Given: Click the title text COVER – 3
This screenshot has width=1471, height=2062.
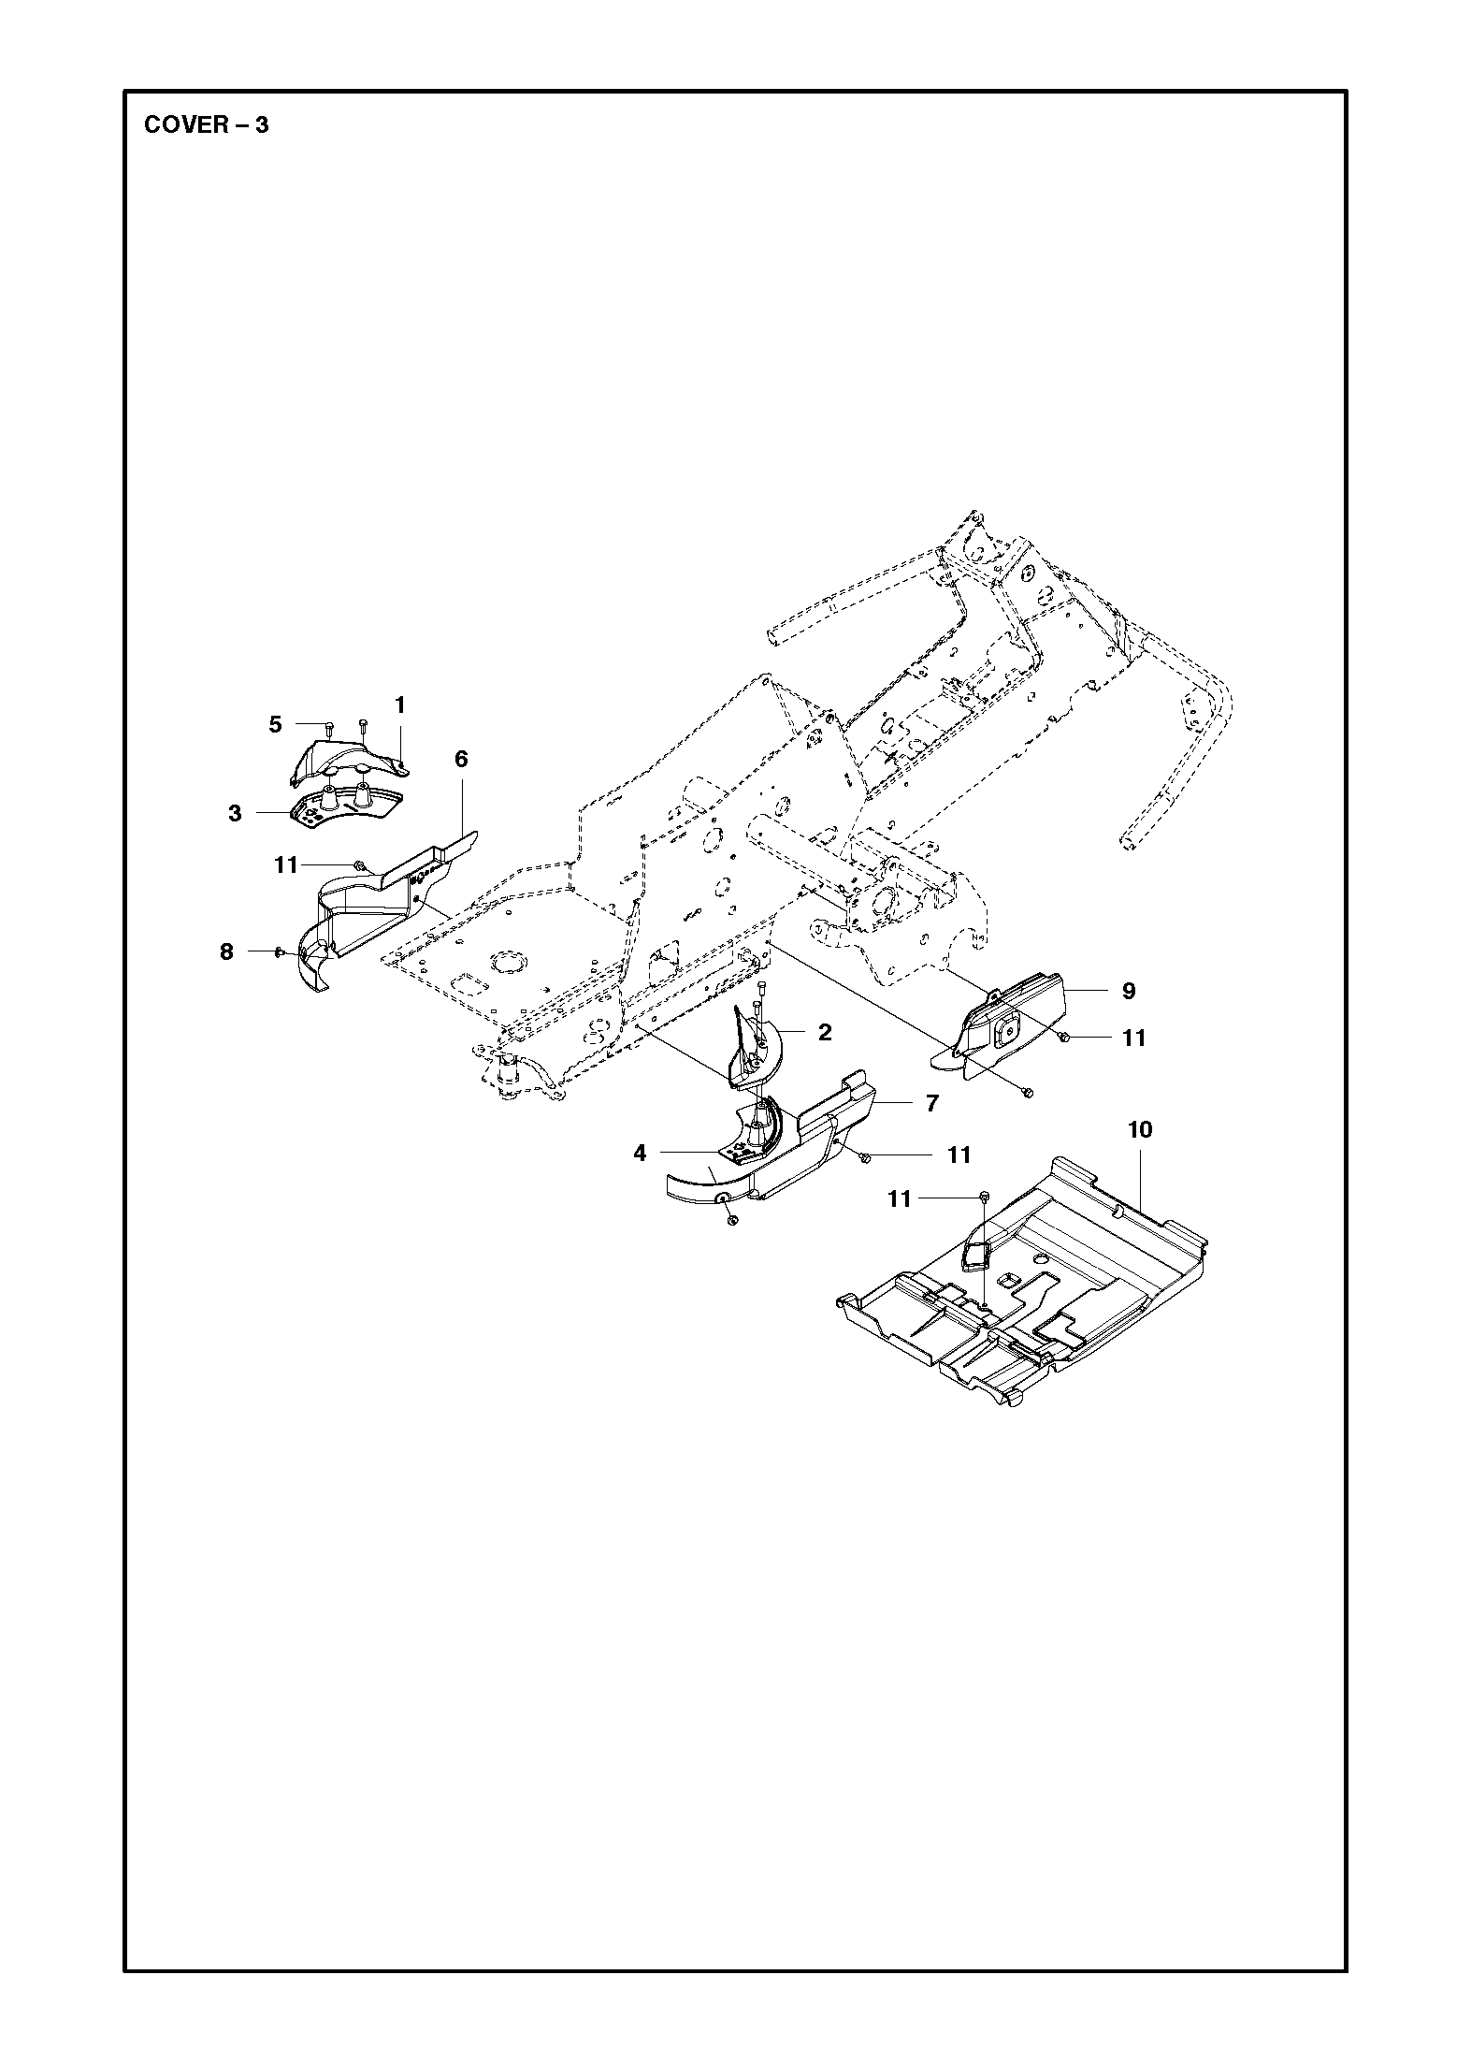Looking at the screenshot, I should pos(206,124).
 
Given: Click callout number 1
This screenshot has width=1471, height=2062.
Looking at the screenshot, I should pos(399,704).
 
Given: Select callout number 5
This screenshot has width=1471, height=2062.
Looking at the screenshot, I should pos(275,724).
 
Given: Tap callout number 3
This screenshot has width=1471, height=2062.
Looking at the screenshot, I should pos(235,813).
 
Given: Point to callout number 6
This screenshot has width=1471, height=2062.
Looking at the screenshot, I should pos(461,759).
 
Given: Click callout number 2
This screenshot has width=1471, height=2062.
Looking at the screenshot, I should pos(824,1032).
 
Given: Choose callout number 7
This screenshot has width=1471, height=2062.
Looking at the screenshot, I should pos(931,1103).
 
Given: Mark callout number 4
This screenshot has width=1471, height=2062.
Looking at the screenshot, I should pos(640,1153).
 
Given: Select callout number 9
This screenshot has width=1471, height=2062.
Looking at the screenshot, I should pos(1128,991).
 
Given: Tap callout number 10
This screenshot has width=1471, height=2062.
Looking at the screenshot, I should pos(1140,1129).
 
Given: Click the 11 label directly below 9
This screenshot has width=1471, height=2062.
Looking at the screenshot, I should pos(1133,1038).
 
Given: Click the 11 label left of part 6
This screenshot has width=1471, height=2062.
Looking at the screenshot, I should pos(286,865).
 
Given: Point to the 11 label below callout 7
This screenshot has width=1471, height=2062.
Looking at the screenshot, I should pos(959,1155).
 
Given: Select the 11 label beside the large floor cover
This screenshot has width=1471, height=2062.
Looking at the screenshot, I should pos(899,1198).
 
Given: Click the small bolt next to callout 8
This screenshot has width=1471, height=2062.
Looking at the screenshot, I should pos(279,951).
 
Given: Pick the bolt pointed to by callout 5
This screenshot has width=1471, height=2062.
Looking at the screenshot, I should pos(329,726).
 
